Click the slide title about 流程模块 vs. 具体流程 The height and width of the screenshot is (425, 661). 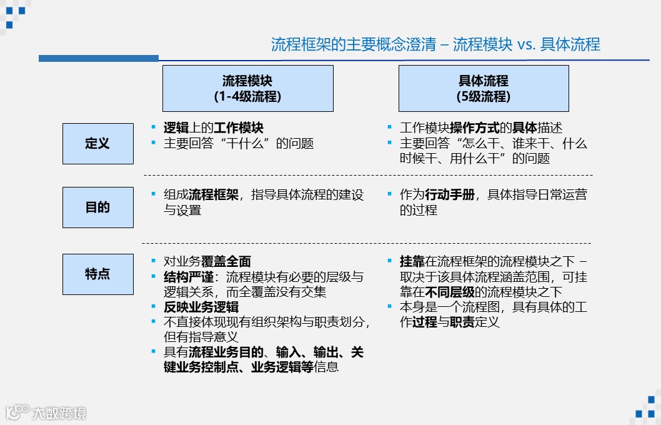pyautogui.click(x=435, y=44)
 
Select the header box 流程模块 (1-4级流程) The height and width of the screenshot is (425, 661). pyautogui.click(x=247, y=88)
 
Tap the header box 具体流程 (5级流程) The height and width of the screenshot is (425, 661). pyautogui.click(x=483, y=88)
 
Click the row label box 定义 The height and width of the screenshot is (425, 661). pyautogui.click(x=97, y=144)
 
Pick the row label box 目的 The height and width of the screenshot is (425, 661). pyautogui.click(x=97, y=207)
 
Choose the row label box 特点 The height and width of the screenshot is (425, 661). pyautogui.click(x=97, y=274)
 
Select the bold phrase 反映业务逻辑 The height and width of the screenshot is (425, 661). pyautogui.click(x=201, y=307)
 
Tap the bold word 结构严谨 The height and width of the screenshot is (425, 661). pyautogui.click(x=188, y=277)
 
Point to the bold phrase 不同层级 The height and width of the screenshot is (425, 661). pyautogui.click(x=450, y=292)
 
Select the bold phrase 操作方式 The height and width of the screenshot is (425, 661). pyautogui.click(x=475, y=128)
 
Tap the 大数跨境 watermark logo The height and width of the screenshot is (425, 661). pyautogui.click(x=47, y=412)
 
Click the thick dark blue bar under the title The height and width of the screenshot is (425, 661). pyautogui.click(x=99, y=58)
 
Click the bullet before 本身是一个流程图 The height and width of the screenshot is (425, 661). pyautogui.click(x=390, y=306)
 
